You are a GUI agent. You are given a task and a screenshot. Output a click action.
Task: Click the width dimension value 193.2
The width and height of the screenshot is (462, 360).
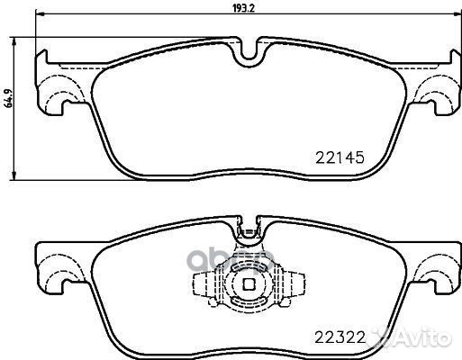[244, 8]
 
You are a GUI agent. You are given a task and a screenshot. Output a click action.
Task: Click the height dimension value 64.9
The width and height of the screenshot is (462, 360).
[8, 98]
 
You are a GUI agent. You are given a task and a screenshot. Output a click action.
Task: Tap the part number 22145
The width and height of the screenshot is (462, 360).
[340, 157]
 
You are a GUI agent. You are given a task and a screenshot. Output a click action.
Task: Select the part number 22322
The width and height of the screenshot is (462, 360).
[340, 338]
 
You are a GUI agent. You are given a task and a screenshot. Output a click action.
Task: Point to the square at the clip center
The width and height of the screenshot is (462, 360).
[249, 284]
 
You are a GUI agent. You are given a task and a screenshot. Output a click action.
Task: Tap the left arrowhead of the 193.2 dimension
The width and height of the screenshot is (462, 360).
[40, 13]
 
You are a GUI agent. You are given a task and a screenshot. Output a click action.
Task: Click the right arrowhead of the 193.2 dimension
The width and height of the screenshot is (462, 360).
[457, 13]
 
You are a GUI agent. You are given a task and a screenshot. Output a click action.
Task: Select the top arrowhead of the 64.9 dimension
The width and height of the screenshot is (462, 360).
[14, 41]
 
